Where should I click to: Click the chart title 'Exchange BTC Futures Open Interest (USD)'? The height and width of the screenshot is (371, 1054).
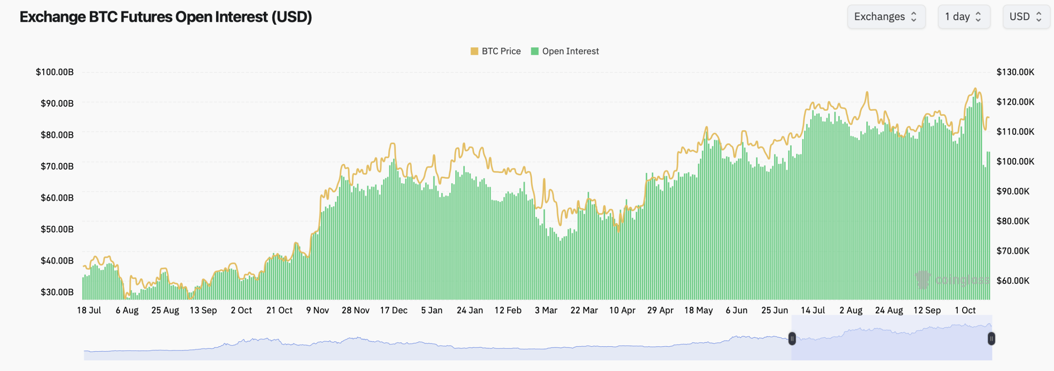coord(166,17)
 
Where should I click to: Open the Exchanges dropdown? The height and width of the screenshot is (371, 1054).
coord(886,17)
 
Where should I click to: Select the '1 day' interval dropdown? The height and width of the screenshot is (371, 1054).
coord(963,17)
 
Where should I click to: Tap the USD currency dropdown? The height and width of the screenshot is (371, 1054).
coord(1026,17)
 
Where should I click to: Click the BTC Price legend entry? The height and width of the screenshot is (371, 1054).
coord(496,51)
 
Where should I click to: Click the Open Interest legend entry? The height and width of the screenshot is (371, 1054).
coord(565,51)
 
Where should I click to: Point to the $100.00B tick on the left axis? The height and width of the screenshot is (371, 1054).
coord(55,72)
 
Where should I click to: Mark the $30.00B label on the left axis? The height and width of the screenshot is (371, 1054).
coord(57,292)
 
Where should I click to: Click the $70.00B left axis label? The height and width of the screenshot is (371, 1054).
coord(57,166)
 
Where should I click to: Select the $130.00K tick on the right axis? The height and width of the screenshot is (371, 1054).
coord(1015,72)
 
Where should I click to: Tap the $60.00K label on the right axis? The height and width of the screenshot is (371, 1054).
coord(1012,281)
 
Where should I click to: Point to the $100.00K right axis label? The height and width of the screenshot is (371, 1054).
coord(1015,161)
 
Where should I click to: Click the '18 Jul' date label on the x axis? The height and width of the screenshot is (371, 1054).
coord(89,310)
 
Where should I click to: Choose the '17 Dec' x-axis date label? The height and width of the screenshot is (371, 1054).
coord(394,310)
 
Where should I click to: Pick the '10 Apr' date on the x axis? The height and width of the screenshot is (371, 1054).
coord(622,310)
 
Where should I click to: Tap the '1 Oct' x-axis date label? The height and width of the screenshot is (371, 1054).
coord(965,310)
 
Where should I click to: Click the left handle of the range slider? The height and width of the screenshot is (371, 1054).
coord(792,338)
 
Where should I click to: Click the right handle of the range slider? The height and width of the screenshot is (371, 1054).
coord(991,338)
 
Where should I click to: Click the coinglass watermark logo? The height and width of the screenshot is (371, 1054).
coord(923,280)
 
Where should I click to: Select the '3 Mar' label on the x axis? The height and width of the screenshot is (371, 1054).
coord(546,310)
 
